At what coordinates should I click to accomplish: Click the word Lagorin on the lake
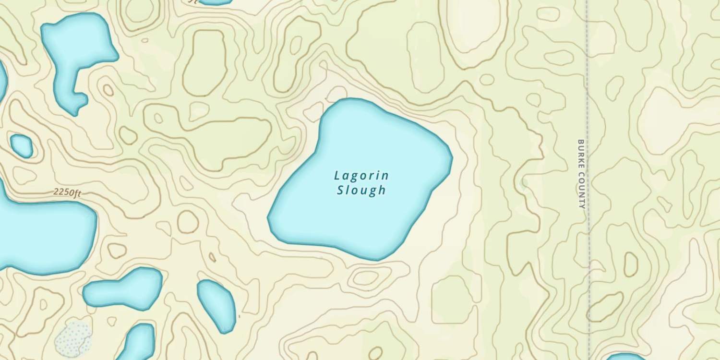coord(361,176)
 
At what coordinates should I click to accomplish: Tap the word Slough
coord(361,190)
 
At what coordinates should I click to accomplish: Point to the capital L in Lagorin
coord(337,176)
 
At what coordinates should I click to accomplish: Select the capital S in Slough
coord(340,190)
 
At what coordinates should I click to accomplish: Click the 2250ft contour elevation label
coord(67,192)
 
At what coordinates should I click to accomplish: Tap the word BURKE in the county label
coord(581,154)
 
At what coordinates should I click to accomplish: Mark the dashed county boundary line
coord(587,72)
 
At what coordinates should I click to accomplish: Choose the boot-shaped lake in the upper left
coord(77,53)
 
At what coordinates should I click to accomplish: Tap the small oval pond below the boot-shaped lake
coord(22,146)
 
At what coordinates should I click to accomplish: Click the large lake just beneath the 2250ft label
coord(43,235)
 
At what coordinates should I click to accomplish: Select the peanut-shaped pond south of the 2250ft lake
coord(124,288)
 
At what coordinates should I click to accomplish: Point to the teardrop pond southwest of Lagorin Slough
coord(217,305)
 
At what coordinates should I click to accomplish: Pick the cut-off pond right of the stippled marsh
coord(139,342)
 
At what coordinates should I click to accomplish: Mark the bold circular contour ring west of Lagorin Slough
coord(188,222)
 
